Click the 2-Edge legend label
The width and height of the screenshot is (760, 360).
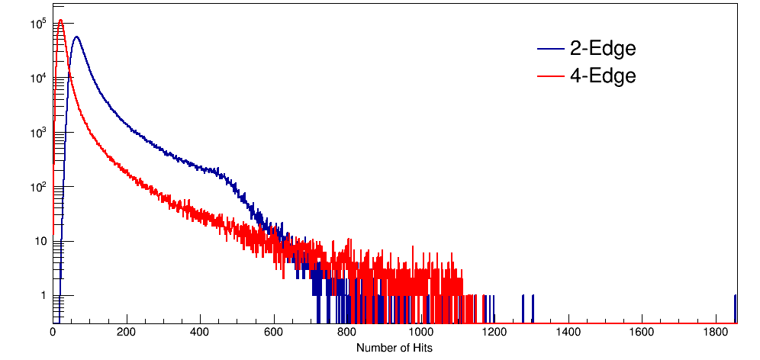[x=602, y=49]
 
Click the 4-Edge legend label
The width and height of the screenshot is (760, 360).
[x=602, y=76]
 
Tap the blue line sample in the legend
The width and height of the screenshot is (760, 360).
[x=549, y=50]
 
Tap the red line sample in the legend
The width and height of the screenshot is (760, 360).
[x=549, y=76]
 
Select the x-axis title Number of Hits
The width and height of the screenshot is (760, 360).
[x=394, y=348]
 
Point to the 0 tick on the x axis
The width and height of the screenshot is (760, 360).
[x=53, y=333]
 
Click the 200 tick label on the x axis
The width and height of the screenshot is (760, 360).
[x=127, y=333]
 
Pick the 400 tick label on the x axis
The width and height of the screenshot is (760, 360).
[x=200, y=333]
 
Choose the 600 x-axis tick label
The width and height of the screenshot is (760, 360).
[x=274, y=333]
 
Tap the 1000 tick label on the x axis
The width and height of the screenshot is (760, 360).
[x=421, y=333]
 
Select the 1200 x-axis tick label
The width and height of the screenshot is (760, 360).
[x=494, y=333]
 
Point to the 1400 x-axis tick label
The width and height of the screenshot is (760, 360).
[x=568, y=333]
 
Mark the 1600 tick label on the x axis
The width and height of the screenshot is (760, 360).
[x=642, y=333]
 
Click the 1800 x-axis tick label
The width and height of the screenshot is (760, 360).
[x=716, y=333]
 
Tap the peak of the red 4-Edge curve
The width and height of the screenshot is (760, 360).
[x=61, y=20]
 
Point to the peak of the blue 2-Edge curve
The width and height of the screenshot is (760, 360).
[x=76, y=37]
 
